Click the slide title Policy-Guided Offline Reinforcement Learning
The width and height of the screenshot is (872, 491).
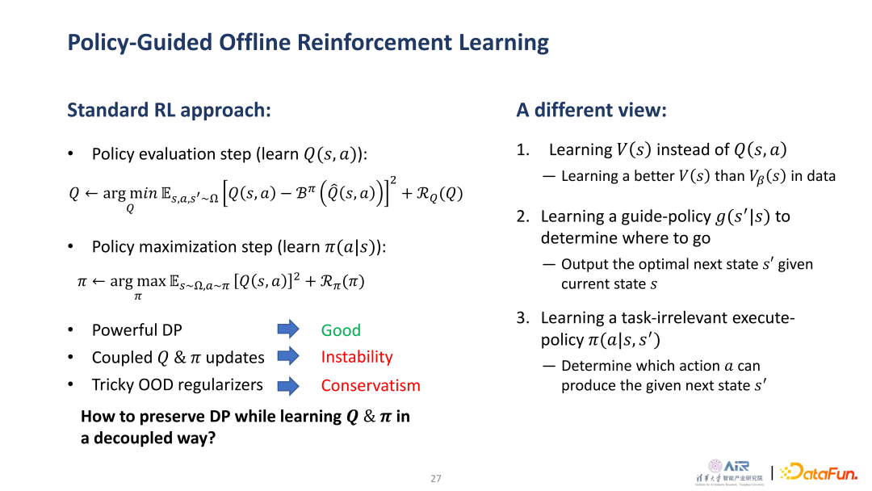(308, 43)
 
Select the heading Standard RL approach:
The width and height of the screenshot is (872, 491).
(169, 110)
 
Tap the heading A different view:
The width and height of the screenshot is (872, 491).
(591, 110)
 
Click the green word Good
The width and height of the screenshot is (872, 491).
(341, 330)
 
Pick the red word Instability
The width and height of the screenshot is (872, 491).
(357, 357)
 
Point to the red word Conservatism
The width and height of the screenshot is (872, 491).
(371, 385)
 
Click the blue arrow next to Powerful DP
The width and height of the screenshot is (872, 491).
(288, 329)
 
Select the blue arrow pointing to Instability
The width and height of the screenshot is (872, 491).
(288, 356)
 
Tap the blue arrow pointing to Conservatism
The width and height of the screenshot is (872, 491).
(288, 385)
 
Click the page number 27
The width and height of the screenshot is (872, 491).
(436, 478)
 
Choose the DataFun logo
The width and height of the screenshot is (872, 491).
(819, 472)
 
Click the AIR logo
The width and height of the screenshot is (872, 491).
(730, 472)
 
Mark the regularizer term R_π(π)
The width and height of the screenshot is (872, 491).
(342, 281)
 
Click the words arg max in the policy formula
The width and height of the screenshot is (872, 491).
(138, 281)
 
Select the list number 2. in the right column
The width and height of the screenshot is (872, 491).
(522, 216)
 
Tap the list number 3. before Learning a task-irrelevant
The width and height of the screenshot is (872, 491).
(522, 317)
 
